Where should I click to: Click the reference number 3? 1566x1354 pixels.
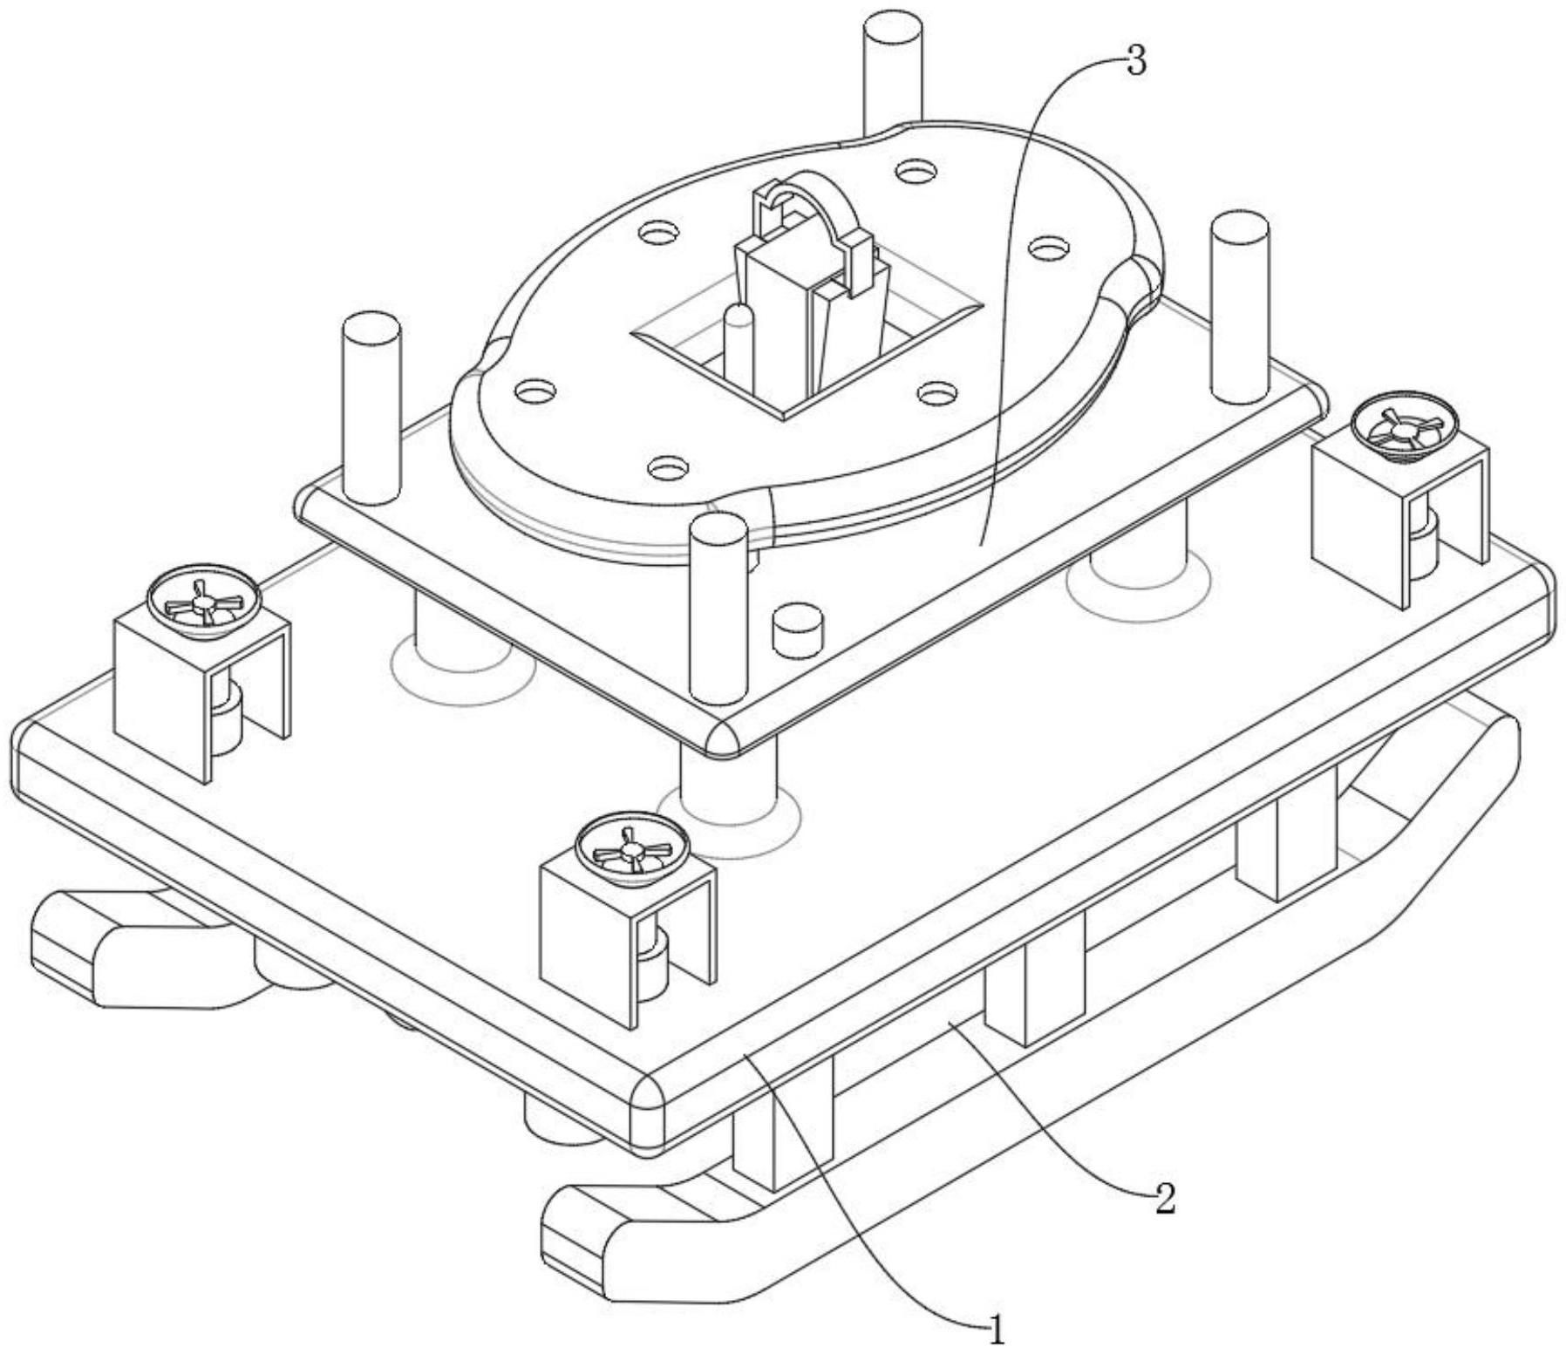tap(1135, 62)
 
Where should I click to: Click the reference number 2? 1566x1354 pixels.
tap(1165, 1200)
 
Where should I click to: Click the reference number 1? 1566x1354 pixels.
tap(996, 1331)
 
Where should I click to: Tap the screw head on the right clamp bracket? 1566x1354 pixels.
tap(1405, 427)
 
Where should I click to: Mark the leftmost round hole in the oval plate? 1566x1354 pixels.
tap(535, 390)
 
